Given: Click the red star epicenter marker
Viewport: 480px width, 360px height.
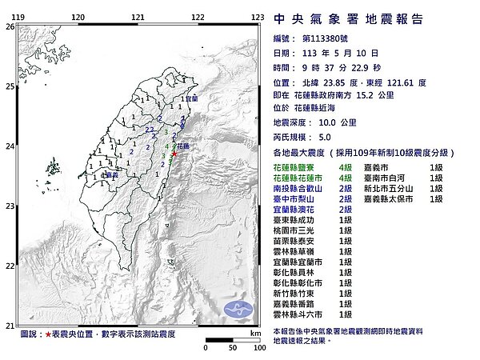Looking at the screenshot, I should tap(174, 153).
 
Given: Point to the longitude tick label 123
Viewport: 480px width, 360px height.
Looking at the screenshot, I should tap(258, 17).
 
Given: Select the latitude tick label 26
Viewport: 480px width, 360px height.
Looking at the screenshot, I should tap(9, 26).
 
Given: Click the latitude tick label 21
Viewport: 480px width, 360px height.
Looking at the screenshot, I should tap(9, 325).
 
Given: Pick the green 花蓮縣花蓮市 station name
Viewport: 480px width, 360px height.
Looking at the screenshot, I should tap(301, 178).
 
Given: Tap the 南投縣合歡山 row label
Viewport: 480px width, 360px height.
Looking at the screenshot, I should tap(301, 189).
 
